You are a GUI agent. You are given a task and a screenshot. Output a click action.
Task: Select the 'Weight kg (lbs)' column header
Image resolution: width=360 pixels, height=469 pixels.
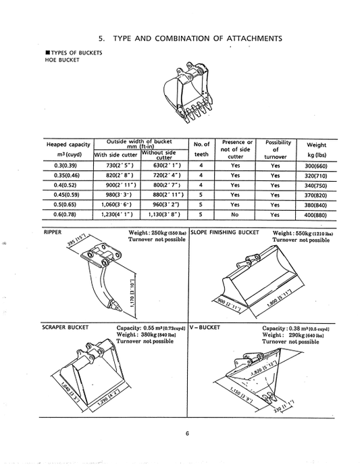317,149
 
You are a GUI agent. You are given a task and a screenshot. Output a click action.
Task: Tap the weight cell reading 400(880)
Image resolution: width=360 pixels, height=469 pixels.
317,214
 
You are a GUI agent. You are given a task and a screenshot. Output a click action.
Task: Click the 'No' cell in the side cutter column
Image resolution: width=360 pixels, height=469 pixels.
235,214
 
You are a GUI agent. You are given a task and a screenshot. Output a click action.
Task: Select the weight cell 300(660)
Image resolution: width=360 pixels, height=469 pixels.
317,165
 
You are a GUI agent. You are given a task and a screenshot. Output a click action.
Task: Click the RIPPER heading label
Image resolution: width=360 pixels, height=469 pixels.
53,231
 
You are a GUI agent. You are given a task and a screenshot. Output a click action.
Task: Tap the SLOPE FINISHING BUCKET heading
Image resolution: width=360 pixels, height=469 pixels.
227,231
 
